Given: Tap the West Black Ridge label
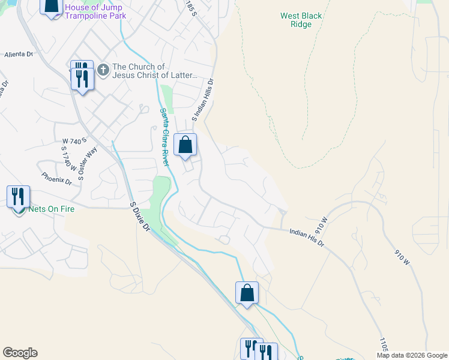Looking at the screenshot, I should pyautogui.click(x=301, y=20).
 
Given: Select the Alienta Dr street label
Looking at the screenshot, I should pyautogui.click(x=18, y=54).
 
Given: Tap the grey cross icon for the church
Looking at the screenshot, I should pyautogui.click(x=103, y=71).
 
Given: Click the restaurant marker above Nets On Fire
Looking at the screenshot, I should pyautogui.click(x=18, y=197).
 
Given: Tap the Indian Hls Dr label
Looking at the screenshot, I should pyautogui.click(x=306, y=237).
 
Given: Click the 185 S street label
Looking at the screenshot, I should pyautogui.click(x=191, y=8).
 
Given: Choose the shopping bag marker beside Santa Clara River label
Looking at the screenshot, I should pyautogui.click(x=185, y=145).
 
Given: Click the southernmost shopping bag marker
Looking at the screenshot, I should pyautogui.click(x=247, y=293).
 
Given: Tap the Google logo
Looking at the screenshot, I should pyautogui.click(x=20, y=353).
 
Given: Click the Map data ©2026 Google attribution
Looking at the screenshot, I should pyautogui.click(x=411, y=355).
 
